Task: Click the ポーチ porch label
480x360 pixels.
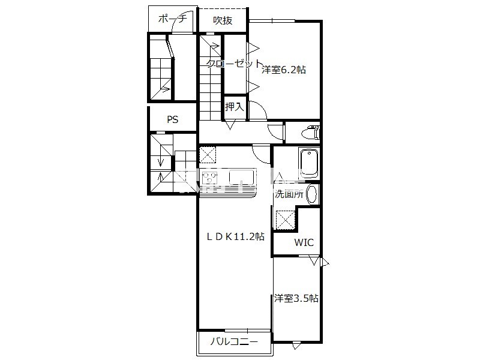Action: [172, 19]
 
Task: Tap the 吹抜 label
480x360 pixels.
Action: [223, 20]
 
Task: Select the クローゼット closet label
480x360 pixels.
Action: [234, 64]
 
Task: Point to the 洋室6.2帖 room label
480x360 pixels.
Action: [284, 70]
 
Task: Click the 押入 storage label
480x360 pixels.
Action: [235, 107]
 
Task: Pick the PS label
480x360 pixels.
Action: [173, 119]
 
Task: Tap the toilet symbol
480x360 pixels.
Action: [310, 132]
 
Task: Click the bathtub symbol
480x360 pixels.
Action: [309, 163]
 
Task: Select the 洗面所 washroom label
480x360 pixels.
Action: [289, 194]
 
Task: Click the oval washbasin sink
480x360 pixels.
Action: [312, 194]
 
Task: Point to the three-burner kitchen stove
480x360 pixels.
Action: [209, 177]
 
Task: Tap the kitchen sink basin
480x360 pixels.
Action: [242, 177]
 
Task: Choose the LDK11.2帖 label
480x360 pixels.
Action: [235, 236]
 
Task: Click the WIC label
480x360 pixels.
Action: [304, 242]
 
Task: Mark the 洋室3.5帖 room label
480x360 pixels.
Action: [296, 298]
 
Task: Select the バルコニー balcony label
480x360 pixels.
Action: [234, 341]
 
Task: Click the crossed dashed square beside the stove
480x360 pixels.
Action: [208, 155]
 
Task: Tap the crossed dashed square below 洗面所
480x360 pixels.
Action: [286, 220]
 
